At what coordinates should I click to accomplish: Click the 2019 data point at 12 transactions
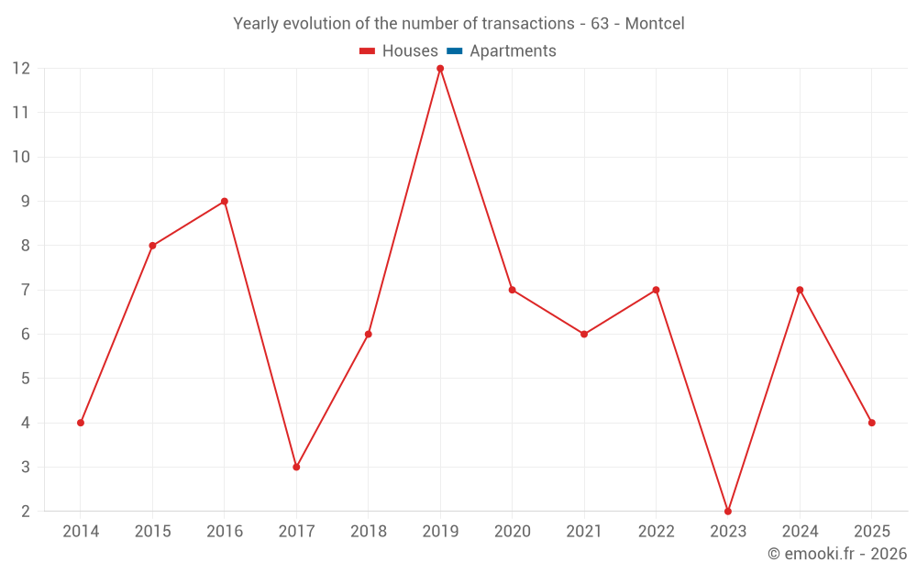(440, 69)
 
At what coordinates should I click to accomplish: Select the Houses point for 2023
(728, 511)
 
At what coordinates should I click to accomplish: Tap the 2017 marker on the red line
(296, 467)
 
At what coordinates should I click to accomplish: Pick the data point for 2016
(225, 202)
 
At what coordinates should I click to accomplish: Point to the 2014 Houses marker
(81, 423)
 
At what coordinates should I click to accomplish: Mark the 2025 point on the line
(871, 423)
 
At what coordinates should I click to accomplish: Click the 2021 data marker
(584, 334)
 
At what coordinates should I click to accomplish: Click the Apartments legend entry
(513, 51)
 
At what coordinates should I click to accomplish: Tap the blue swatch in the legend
(454, 51)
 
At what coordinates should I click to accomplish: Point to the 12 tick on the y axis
(21, 69)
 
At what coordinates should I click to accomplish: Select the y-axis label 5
(26, 379)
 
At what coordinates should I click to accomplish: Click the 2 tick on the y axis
(26, 512)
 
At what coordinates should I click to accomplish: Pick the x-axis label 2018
(369, 532)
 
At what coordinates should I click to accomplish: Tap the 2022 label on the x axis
(656, 532)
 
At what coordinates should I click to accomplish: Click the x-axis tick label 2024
(800, 532)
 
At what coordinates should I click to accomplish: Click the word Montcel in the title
(655, 24)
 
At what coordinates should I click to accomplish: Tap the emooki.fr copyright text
(836, 554)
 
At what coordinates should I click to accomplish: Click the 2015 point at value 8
(152, 246)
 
